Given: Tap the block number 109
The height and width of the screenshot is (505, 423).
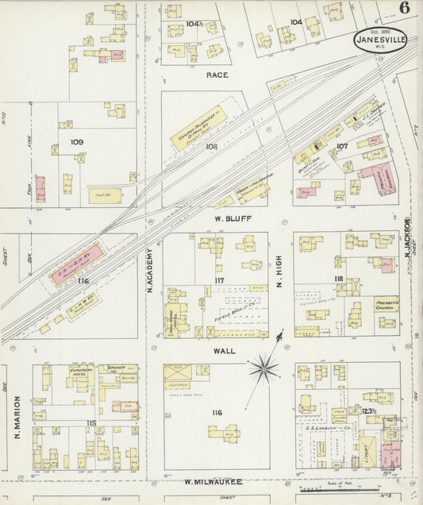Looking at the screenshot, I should click(x=77, y=143).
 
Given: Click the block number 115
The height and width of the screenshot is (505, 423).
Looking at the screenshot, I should click(x=92, y=422).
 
